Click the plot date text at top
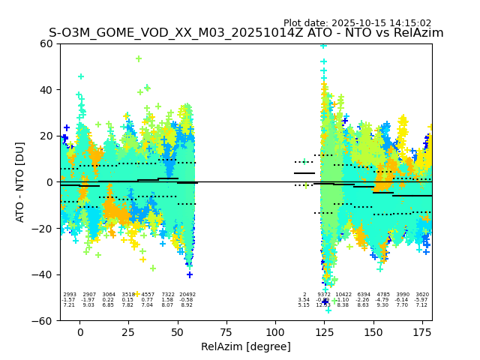pyautogui.click(x=357, y=23)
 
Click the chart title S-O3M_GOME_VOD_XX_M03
pyautogui.click(x=246, y=33)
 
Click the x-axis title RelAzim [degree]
pyautogui.click(x=246, y=346)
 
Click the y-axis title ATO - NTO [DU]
pyautogui.click(x=20, y=181)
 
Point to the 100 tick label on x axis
pyautogui.click(x=275, y=332)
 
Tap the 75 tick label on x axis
pyautogui.click(x=226, y=332)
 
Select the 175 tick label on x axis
pyautogui.click(x=422, y=332)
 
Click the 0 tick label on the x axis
pyautogui.click(x=79, y=332)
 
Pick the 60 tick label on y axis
pyautogui.click(x=46, y=43)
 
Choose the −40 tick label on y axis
pyautogui.click(x=43, y=274)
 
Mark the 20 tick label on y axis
pyautogui.click(x=46, y=136)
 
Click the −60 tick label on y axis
pyautogui.click(x=43, y=320)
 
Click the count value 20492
pyautogui.click(x=187, y=295)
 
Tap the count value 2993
pyautogui.click(x=69, y=295)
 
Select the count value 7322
pyautogui.click(x=167, y=295)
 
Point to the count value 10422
pyautogui.click(x=343, y=295)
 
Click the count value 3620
pyautogui.click(x=421, y=295)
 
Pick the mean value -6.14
pyautogui.click(x=402, y=300)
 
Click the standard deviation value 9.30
pyautogui.click(x=382, y=305)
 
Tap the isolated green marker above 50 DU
pyautogui.click(x=139, y=58)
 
